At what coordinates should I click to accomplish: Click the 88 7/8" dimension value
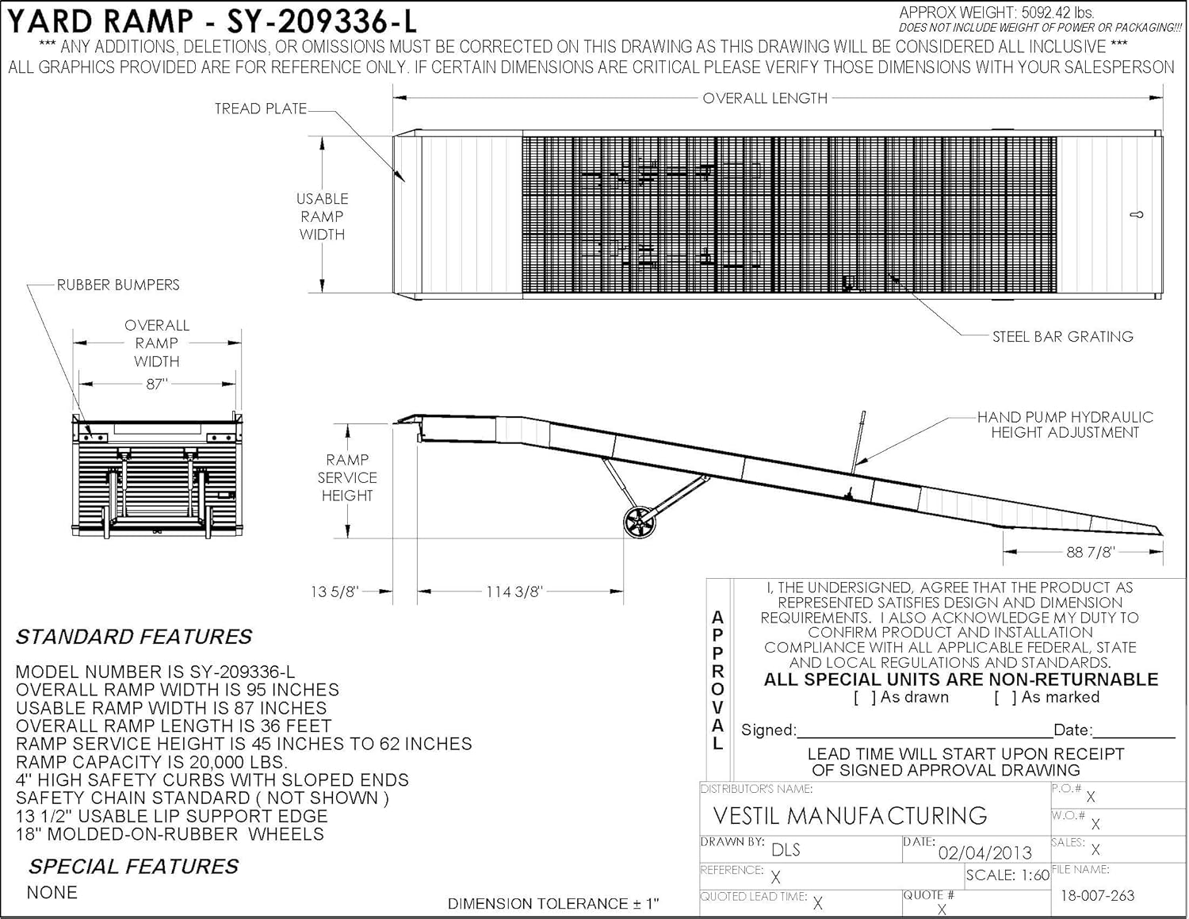click(x=1091, y=552)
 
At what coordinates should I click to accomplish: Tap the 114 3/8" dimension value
click(x=514, y=592)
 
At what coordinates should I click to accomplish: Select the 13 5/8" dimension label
click(x=335, y=592)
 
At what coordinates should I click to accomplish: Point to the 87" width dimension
click(x=156, y=385)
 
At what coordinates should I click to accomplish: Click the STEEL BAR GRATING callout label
click(x=1063, y=336)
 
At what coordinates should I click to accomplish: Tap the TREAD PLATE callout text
click(x=261, y=109)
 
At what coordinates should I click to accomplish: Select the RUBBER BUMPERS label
click(x=118, y=285)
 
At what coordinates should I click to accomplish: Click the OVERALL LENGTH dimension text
click(x=765, y=98)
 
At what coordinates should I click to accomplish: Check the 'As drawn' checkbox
click(x=866, y=697)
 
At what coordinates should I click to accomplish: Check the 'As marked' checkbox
click(x=1006, y=697)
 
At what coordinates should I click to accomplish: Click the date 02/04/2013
click(x=985, y=852)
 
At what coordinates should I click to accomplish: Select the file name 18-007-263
click(x=1098, y=895)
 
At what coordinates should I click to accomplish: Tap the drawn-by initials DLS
click(x=786, y=849)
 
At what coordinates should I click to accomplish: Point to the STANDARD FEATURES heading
click(x=134, y=637)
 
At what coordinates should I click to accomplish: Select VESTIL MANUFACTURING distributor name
click(x=851, y=816)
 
